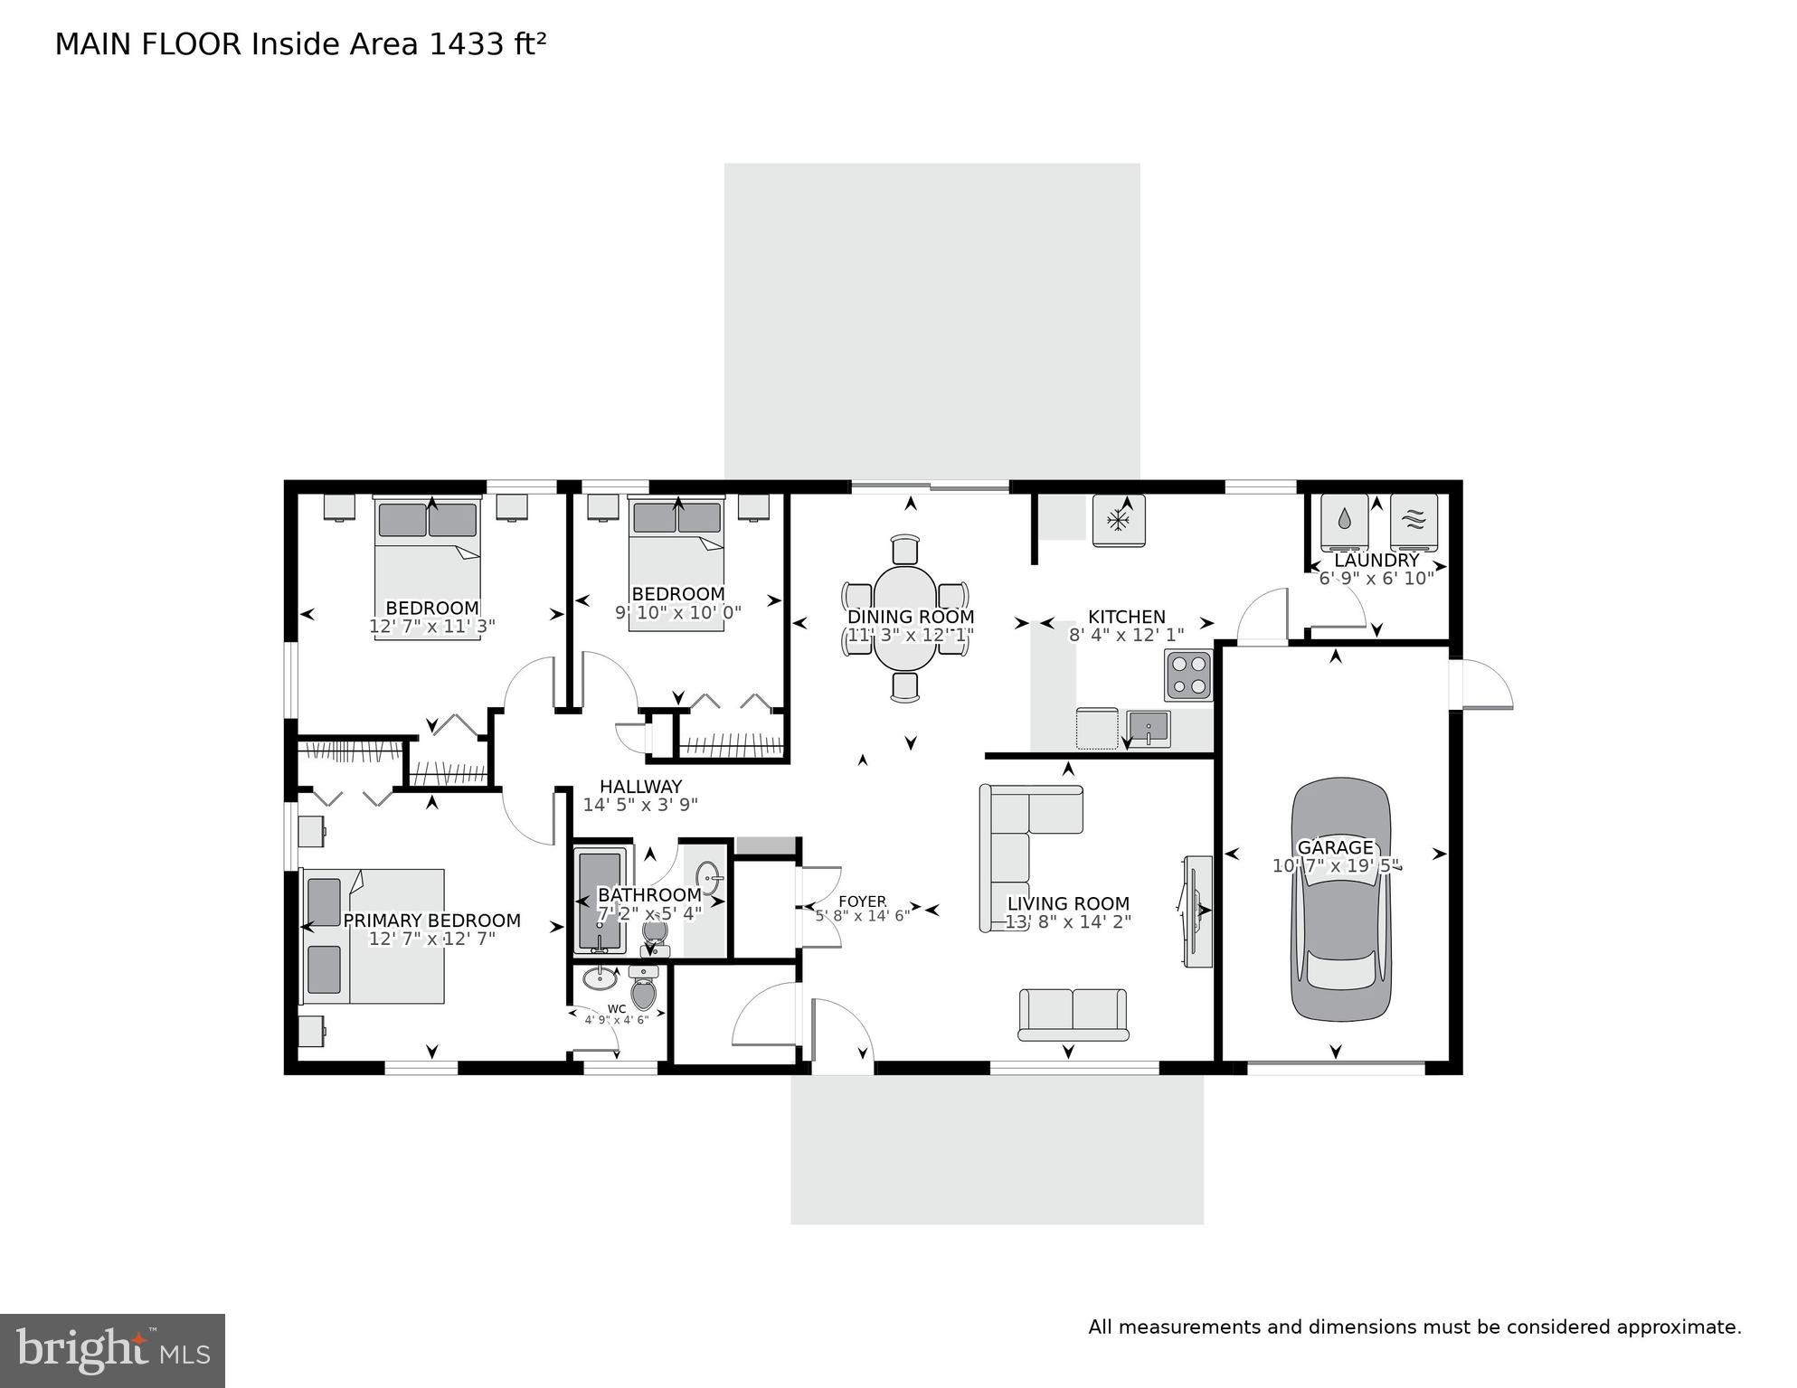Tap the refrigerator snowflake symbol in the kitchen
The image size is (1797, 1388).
pos(1119,520)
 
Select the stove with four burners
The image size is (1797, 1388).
pos(1188,675)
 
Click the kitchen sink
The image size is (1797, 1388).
pos(1149,728)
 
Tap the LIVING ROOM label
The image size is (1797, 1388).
pos(1068,903)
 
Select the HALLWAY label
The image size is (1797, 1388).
pos(640,787)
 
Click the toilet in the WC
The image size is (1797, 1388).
pos(643,991)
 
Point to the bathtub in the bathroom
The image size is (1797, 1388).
pos(601,901)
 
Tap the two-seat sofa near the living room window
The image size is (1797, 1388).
pos(1073,1014)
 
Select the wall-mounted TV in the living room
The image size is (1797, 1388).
pos(1196,911)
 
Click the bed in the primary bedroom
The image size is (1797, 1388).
pos(373,936)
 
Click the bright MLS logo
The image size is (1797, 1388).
pos(112,1350)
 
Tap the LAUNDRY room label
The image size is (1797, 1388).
pos(1376,561)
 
